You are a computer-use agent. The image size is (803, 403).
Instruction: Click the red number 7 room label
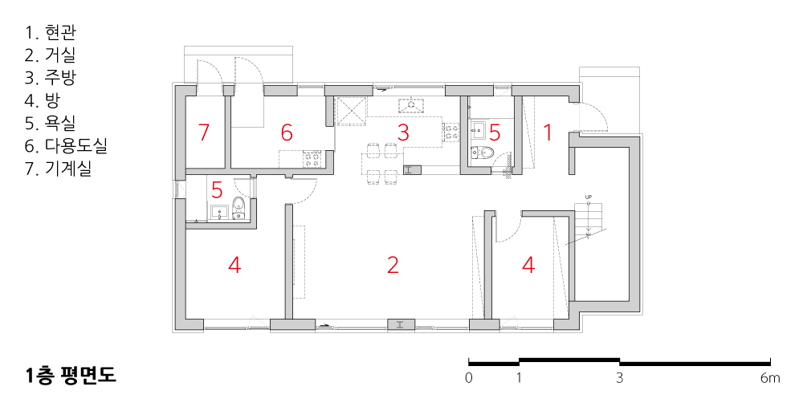click(x=204, y=132)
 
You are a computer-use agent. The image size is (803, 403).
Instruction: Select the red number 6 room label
click(x=287, y=132)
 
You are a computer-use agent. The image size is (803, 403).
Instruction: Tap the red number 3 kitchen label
click(x=403, y=132)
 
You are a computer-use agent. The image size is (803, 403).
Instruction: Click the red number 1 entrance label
click(x=548, y=132)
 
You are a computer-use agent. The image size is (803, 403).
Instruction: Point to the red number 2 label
click(x=393, y=265)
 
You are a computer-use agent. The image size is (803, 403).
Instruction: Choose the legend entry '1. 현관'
click(x=51, y=33)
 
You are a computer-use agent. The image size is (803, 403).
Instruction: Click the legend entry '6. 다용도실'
click(x=66, y=146)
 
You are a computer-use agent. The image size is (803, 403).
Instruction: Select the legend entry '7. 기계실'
click(x=58, y=169)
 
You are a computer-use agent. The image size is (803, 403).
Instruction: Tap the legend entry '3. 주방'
click(x=51, y=78)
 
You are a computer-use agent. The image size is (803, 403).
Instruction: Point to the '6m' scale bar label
click(x=770, y=378)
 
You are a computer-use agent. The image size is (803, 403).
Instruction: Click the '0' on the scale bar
click(x=469, y=378)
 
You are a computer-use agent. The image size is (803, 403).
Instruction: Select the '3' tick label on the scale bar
click(x=620, y=378)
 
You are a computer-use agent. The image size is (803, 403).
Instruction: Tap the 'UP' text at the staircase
click(x=589, y=197)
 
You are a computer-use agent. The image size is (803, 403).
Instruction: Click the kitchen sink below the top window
click(x=410, y=105)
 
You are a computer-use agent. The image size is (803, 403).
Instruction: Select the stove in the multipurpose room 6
click(x=313, y=160)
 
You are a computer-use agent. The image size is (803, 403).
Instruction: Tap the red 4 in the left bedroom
click(x=234, y=265)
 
